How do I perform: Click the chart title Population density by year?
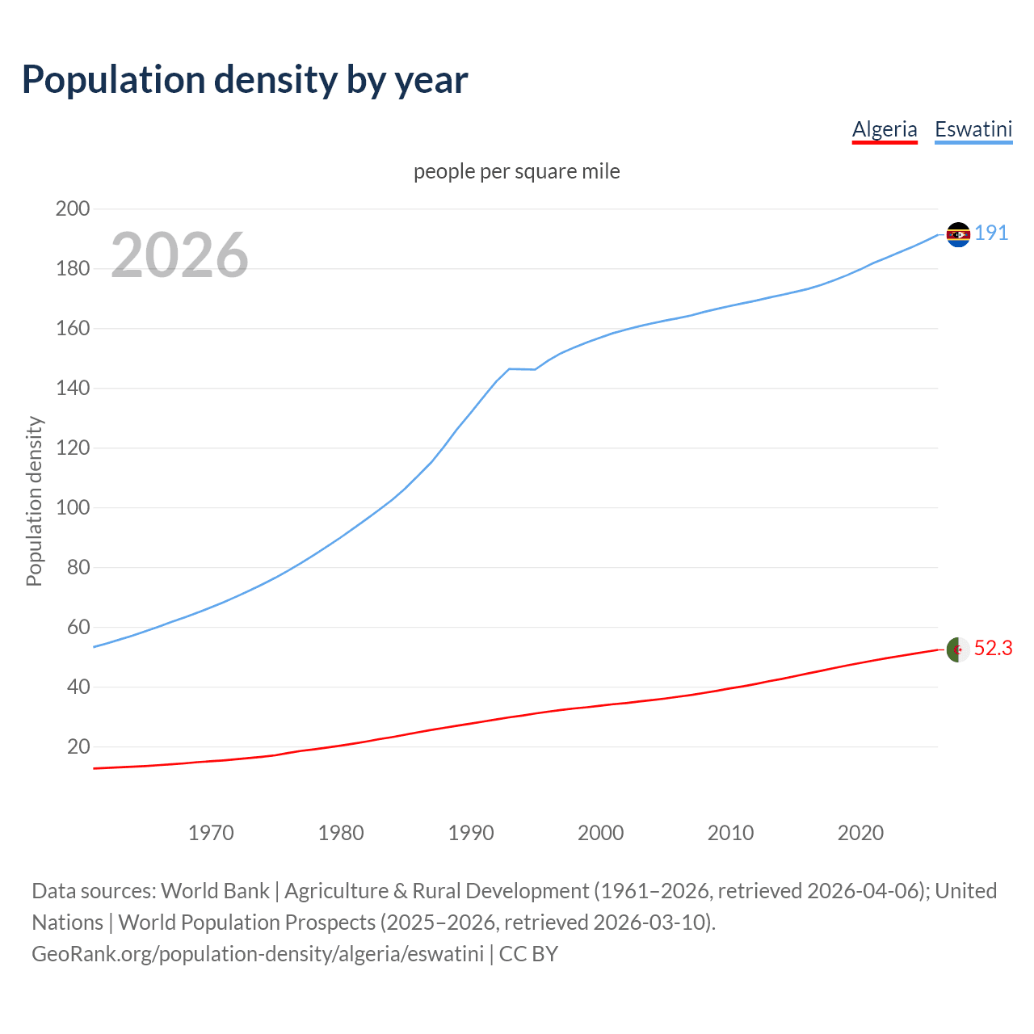pyautogui.click(x=245, y=80)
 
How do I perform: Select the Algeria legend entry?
pyautogui.click(x=885, y=129)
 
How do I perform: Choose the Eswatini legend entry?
pyautogui.click(x=973, y=129)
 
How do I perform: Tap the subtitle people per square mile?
pyautogui.click(x=517, y=171)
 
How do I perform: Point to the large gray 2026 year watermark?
pyautogui.click(x=179, y=255)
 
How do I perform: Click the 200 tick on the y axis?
pyautogui.click(x=73, y=208)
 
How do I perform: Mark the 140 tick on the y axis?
pyautogui.click(x=73, y=388)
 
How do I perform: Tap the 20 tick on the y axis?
pyautogui.click(x=78, y=746)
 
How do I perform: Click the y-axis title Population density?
pyautogui.click(x=34, y=501)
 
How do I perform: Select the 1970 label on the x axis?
pyautogui.click(x=211, y=833)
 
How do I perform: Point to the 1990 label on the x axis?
pyautogui.click(x=471, y=833)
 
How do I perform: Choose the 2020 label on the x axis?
pyautogui.click(x=860, y=833)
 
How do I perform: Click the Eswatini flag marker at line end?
pyautogui.click(x=958, y=234)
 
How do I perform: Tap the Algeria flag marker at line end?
pyautogui.click(x=958, y=649)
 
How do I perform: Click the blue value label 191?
pyautogui.click(x=991, y=233)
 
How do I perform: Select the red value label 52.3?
pyautogui.click(x=993, y=649)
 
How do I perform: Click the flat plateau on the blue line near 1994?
pyautogui.click(x=522, y=369)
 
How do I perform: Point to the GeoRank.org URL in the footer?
pyautogui.click(x=258, y=954)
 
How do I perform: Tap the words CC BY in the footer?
pyautogui.click(x=528, y=954)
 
